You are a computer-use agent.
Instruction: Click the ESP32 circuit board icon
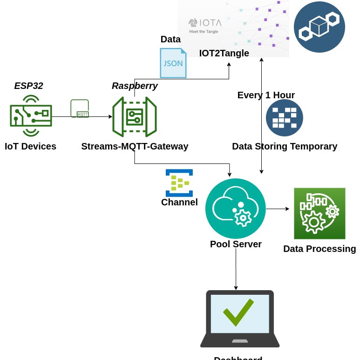pyautogui.click(x=31, y=115)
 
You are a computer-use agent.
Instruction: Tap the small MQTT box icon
pyautogui.click(x=80, y=109)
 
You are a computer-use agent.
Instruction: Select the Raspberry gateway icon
pyautogui.click(x=135, y=117)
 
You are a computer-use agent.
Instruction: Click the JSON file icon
pyautogui.click(x=173, y=63)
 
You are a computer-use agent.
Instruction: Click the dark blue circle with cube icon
pyautogui.click(x=319, y=27)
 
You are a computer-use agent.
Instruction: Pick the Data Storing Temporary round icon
pyautogui.click(x=285, y=118)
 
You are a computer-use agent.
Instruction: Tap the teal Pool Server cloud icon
pyautogui.click(x=236, y=209)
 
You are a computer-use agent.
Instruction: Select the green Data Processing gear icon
pyautogui.click(x=319, y=213)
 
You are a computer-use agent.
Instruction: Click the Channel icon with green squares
pyautogui.click(x=179, y=183)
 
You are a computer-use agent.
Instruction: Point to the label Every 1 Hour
pyautogui.click(x=266, y=95)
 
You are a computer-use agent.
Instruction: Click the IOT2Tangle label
pyautogui.click(x=224, y=53)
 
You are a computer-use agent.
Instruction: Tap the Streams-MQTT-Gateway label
pyautogui.click(x=135, y=146)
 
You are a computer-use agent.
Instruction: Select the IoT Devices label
pyautogui.click(x=30, y=146)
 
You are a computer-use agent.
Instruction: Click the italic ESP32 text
pyautogui.click(x=28, y=86)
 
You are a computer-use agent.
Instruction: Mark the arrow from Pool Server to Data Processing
pyautogui.click(x=278, y=209)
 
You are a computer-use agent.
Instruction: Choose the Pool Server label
pyautogui.click(x=236, y=244)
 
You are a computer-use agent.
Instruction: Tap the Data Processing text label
pyautogui.click(x=319, y=249)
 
